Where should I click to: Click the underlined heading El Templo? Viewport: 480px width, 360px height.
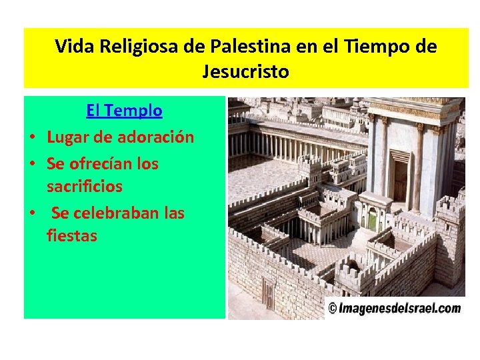click(x=124, y=111)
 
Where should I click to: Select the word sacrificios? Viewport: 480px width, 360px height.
click(x=85, y=187)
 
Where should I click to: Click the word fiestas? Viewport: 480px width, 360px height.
click(x=72, y=236)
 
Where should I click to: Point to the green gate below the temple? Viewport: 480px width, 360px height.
click(x=372, y=219)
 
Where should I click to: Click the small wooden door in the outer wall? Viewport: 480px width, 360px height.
click(x=268, y=294)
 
